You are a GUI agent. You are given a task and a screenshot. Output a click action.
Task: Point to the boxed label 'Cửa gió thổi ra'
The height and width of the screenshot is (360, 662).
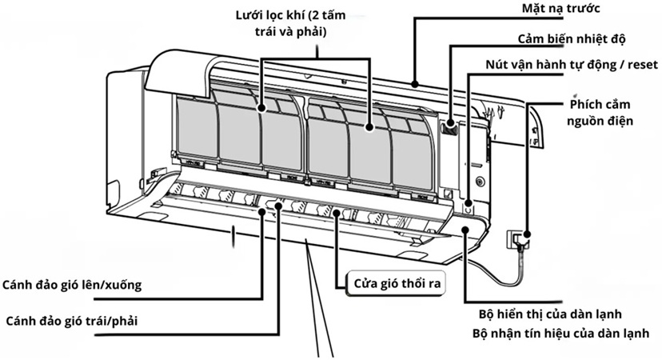394,283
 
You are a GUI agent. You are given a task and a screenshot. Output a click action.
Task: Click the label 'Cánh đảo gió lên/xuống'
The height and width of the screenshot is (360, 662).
76,286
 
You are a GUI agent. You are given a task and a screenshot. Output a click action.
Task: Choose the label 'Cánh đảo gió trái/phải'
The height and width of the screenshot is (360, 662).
76,321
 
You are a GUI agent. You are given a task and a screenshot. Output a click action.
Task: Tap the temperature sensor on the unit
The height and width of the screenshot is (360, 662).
450,125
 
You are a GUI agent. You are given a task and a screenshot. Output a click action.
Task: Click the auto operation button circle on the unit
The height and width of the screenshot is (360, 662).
469,207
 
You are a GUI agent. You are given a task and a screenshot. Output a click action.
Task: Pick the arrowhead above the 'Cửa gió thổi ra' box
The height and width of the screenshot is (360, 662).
337,213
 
